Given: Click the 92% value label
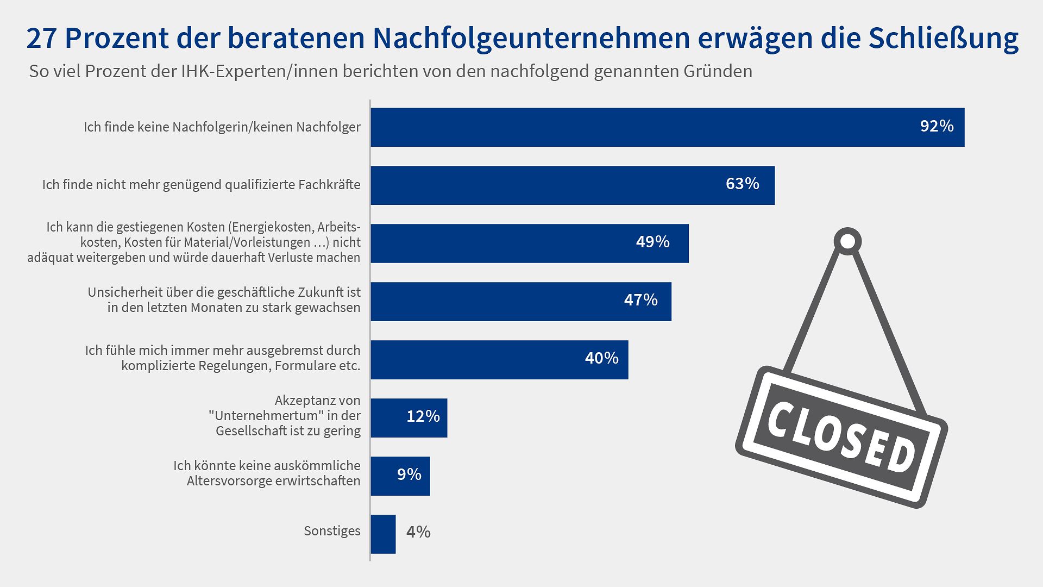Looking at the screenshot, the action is coord(937,126).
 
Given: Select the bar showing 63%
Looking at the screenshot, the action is coord(573,185).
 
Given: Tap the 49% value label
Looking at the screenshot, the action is coord(652,242).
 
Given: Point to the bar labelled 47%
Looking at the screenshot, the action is coord(520,302).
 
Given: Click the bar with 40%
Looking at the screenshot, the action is coord(499,360).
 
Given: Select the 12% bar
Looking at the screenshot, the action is coord(409,418).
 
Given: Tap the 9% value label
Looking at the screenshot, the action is coord(409,474).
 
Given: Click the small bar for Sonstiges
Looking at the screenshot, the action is coord(383,534).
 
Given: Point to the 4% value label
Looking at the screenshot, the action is coord(418,532).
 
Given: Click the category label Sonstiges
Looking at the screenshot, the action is coord(332,531).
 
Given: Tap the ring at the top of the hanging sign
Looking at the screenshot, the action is coord(847,241).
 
